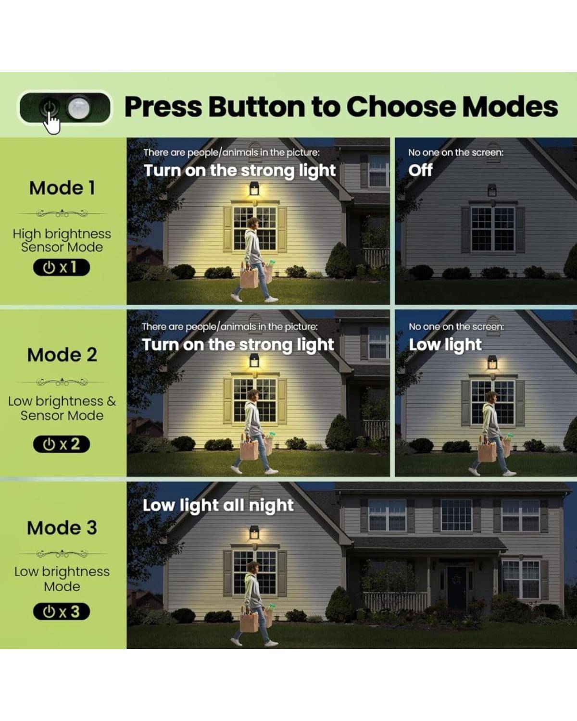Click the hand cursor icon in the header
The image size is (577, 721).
[51, 122]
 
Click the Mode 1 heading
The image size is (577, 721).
[62, 187]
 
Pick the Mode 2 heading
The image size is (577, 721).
[62, 354]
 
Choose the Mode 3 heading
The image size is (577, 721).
[62, 528]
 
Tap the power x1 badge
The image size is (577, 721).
[62, 267]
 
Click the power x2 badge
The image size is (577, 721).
[62, 444]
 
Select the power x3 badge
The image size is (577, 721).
[62, 611]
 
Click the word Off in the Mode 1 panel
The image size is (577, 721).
[420, 170]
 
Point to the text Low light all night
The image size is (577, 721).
[218, 506]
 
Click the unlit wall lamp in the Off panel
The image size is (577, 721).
[492, 190]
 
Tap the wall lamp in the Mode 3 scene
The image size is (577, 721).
[254, 533]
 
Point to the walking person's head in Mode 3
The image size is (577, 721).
[253, 568]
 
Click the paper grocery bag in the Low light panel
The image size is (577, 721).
[487, 451]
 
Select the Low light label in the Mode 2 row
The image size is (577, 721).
[445, 345]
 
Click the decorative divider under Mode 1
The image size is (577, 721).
[62, 213]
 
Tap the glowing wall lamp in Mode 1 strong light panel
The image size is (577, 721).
[254, 190]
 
